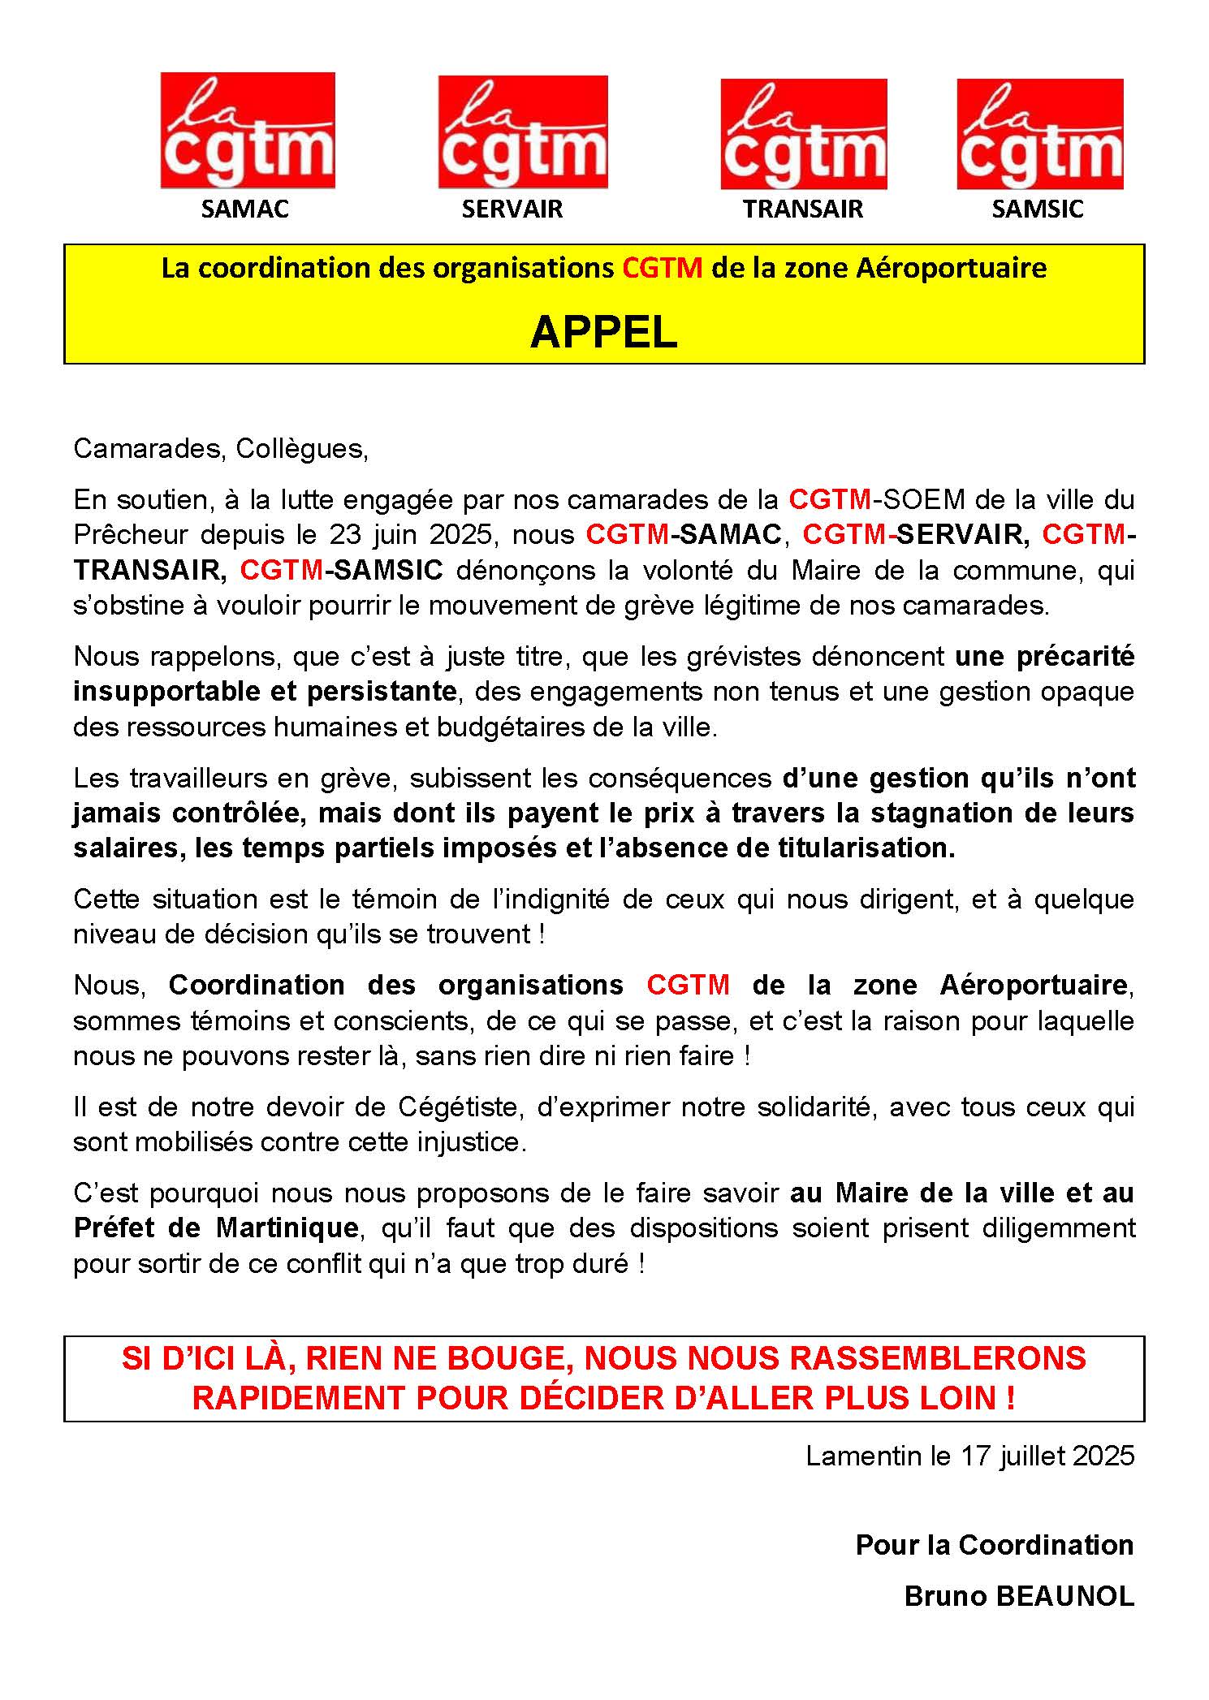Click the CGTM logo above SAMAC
pyautogui.click(x=248, y=130)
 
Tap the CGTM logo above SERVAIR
pyautogui.click(x=523, y=132)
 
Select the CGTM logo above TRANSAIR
pyautogui.click(x=803, y=134)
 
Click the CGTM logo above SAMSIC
pyautogui.click(x=1039, y=134)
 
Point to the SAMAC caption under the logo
pyautogui.click(x=244, y=209)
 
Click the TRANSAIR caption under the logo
pyautogui.click(x=802, y=209)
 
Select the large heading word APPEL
pyautogui.click(x=603, y=332)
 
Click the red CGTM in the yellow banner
pyautogui.click(x=662, y=268)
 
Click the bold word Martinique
pyautogui.click(x=287, y=1228)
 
